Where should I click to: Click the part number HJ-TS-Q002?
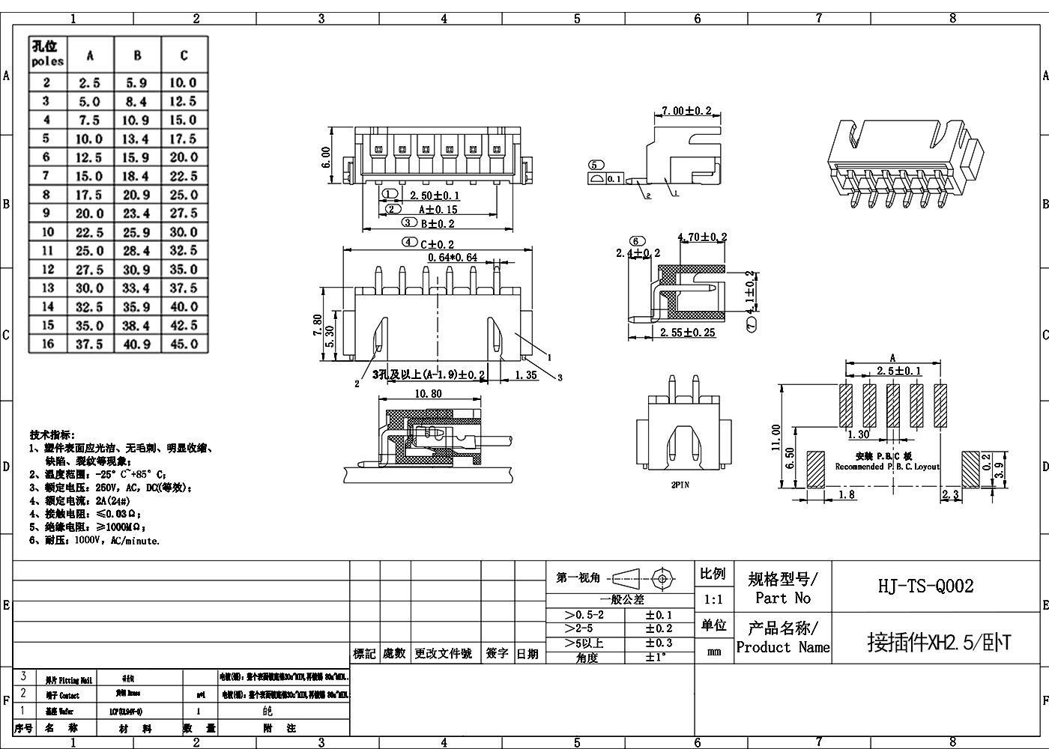tap(925, 586)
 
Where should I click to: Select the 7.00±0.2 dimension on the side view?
tap(686, 111)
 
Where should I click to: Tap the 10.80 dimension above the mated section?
tap(428, 393)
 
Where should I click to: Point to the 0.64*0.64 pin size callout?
tap(453, 258)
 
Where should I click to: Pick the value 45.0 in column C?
tap(184, 344)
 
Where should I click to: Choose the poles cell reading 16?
tap(48, 344)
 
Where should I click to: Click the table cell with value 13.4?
tap(136, 139)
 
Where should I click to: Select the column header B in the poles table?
tap(137, 55)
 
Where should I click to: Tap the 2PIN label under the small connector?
tap(680, 485)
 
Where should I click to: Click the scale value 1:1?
tap(714, 599)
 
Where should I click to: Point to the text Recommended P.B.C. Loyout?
tap(887, 467)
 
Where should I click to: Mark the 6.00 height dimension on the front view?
tap(326, 157)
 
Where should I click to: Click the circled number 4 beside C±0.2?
tap(409, 243)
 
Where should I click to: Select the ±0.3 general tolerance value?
tap(659, 643)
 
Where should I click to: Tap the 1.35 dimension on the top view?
tap(526, 375)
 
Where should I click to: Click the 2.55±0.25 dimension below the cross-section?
tap(688, 333)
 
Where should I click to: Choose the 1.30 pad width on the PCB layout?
tap(858, 434)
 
